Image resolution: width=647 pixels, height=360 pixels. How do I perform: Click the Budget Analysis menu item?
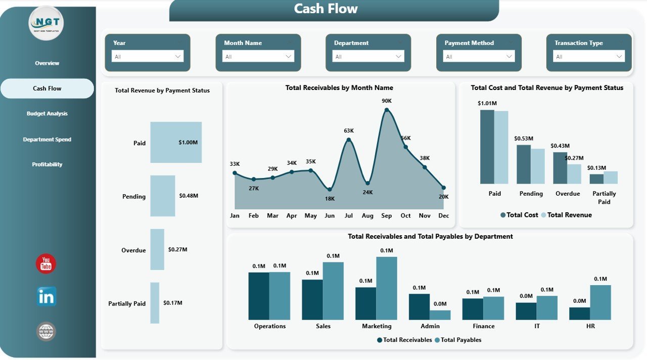point(47,114)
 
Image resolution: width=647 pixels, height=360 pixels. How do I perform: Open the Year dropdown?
point(148,57)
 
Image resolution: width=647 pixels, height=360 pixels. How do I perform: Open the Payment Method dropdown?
point(479,57)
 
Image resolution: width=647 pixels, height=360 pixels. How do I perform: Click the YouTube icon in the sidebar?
point(46,264)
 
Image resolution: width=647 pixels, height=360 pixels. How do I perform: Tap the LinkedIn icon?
point(47,297)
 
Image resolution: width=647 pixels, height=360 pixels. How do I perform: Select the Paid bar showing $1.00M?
point(176,143)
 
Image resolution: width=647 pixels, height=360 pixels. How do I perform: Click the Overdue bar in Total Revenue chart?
point(157,249)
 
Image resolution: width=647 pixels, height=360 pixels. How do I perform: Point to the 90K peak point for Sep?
point(387,110)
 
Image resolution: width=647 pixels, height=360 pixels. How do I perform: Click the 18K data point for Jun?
point(330,189)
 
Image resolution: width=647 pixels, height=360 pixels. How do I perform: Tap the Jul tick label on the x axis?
point(348,216)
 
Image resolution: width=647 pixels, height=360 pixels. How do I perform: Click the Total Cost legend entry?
point(519,215)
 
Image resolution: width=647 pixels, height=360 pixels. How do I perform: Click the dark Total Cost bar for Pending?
point(524,164)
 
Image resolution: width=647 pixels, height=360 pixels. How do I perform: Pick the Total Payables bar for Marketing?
point(387,288)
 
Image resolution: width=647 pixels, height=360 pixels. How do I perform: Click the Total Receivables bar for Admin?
point(419,307)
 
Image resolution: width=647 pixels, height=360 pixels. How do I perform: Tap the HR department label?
point(590,326)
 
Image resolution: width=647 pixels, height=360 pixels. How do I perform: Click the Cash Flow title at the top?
point(326,9)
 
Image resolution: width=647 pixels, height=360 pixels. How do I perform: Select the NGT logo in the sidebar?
point(47,23)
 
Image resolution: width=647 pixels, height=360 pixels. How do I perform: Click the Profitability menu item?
point(47,164)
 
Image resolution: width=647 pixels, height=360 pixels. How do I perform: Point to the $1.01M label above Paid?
point(487,104)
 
